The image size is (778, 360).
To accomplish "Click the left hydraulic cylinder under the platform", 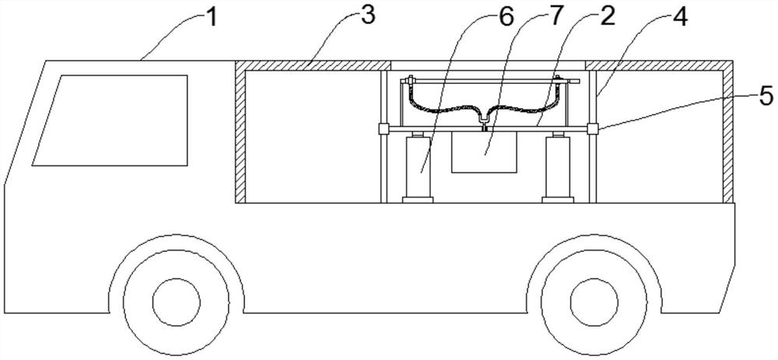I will point(417,168).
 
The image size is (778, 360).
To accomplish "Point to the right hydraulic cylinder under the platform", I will point(559,168).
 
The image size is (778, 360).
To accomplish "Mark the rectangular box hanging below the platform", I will point(484,152).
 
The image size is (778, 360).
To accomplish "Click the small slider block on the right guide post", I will point(592,128).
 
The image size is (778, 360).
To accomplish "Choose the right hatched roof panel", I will point(660,65).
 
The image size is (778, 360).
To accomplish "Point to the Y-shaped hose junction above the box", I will point(484,117).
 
